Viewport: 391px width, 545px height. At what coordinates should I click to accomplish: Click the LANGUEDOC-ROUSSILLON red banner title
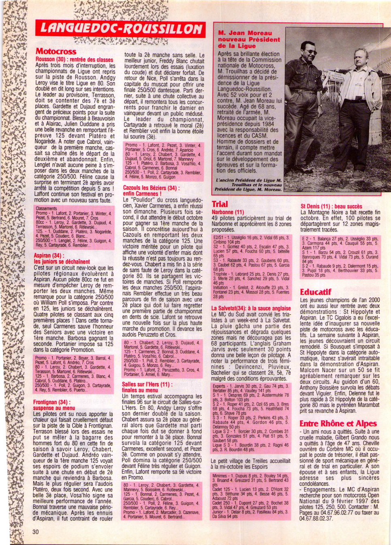120,29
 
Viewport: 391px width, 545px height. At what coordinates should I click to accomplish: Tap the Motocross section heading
56,51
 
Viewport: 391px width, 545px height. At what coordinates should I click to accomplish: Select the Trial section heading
220,204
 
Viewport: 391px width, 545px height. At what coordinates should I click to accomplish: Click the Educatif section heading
316,292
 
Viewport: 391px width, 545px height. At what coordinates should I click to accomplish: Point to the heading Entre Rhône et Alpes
338,423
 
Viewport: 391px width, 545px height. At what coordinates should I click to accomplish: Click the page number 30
36,532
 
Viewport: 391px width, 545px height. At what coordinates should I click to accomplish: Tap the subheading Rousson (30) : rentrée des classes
74,59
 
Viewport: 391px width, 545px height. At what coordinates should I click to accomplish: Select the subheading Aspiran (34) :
48,255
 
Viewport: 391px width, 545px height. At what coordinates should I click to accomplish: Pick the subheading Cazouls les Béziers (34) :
151,188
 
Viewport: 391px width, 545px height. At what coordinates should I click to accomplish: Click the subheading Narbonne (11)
228,212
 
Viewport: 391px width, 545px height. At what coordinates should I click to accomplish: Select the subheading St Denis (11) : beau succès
331,206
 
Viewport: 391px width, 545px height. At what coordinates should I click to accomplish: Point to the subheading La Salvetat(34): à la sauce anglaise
251,308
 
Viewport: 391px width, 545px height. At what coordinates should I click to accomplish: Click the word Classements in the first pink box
46,208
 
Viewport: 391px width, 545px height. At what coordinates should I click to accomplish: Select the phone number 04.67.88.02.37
316,518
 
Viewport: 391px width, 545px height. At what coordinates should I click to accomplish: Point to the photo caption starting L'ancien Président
249,185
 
